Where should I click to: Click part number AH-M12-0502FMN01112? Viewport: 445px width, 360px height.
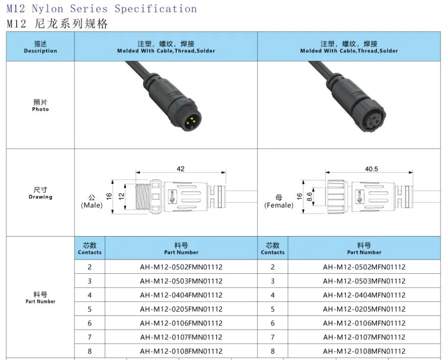181,267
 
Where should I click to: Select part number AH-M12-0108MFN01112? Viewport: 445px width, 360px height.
364,351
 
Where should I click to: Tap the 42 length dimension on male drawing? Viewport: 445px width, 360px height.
181,169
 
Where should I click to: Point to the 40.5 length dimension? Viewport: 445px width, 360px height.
371,169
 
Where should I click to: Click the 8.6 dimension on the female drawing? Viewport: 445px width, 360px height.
309,196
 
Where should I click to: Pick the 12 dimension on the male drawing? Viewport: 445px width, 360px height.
121,196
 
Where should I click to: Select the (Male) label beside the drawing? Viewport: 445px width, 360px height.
92,205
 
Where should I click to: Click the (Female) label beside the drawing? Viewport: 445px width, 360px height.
279,205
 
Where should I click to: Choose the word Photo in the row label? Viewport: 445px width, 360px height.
40,109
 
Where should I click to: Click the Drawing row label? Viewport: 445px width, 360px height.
40,197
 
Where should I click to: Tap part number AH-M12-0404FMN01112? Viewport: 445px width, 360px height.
181,295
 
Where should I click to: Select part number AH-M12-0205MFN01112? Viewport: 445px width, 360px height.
364,309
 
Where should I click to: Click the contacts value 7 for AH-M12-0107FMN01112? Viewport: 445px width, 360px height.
90,337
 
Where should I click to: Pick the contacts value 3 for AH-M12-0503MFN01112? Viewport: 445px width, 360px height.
273,281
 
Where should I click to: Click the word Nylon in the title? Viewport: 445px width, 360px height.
47,8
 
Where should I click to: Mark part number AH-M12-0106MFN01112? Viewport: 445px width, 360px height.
364,323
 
